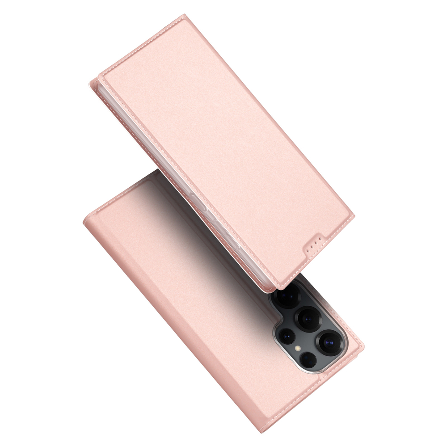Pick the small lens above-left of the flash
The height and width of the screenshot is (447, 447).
(x=287, y=335)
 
